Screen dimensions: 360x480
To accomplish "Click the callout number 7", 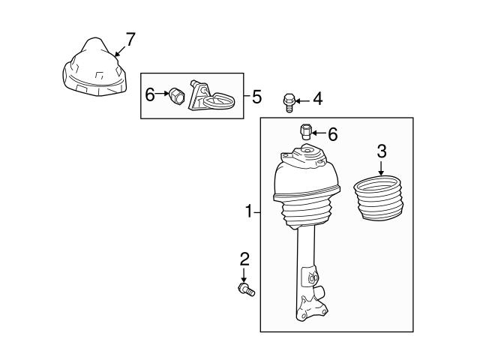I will coord(130,39).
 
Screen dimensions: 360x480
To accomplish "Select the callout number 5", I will coord(256,96).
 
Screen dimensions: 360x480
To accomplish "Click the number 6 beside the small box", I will coord(150,94).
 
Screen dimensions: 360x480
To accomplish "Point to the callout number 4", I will coord(318,98).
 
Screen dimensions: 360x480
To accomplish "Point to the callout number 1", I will coord(248,212).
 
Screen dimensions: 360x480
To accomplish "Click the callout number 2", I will coord(244,259).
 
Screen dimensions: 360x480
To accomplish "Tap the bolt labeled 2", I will coord(246,289).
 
